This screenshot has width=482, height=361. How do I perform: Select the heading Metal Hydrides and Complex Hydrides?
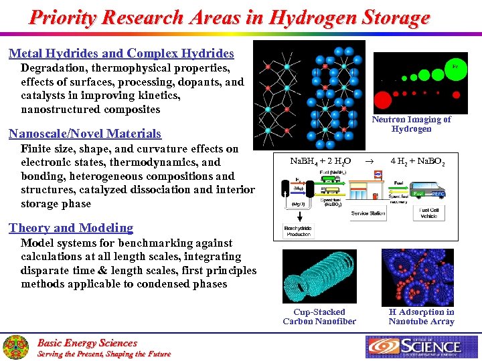(x=121, y=53)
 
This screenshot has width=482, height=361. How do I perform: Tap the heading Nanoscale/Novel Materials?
(x=85, y=134)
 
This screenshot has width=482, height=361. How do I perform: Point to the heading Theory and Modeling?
(x=71, y=228)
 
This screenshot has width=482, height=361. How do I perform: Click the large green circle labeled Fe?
(x=455, y=68)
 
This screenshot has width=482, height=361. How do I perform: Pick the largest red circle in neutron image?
(x=382, y=100)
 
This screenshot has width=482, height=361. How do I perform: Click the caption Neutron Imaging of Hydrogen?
(x=411, y=124)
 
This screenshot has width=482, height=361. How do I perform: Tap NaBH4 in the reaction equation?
(x=304, y=161)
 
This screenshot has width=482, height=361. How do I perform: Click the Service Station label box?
(x=368, y=213)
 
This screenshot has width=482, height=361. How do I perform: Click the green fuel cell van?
(x=429, y=192)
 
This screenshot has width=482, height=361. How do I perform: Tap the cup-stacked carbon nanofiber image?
(x=319, y=276)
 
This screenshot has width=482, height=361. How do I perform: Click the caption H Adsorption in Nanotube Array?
(x=421, y=316)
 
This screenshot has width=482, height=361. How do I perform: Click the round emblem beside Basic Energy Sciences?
(x=15, y=347)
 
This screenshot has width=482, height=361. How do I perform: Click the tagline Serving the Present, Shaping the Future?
(x=104, y=354)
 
